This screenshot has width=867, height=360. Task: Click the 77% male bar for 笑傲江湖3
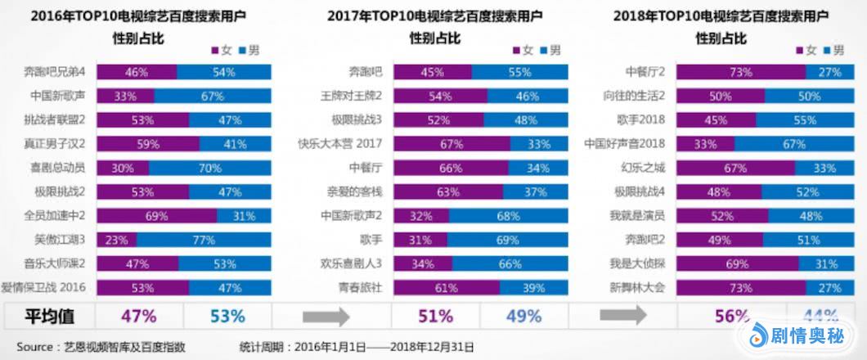coord(204,240)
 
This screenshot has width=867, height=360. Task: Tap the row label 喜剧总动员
coord(58,169)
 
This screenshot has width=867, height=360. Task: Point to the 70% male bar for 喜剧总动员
coord(210,169)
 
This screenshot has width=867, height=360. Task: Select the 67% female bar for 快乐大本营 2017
coord(451,144)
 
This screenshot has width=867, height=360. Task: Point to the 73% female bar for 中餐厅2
coord(740,72)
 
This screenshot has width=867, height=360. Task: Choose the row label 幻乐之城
coord(644,169)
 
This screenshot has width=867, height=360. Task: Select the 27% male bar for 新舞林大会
coord(829,287)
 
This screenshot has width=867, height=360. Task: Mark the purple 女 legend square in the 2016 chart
coord(215,51)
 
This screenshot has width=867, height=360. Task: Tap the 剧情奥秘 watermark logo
coord(798,335)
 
